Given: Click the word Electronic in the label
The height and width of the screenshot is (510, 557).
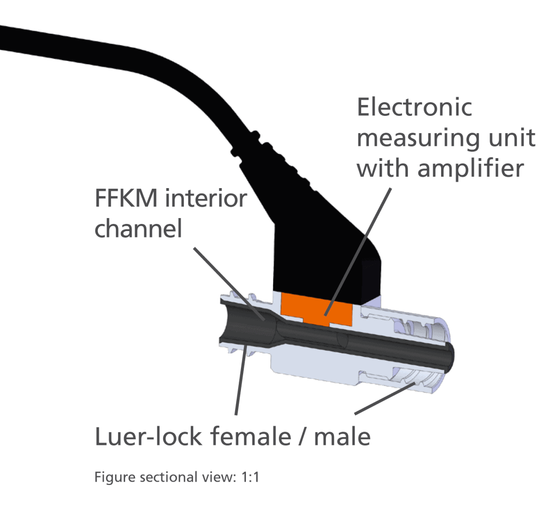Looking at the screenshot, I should click(414, 107).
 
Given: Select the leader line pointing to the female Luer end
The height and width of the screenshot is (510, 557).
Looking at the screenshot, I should click(240, 381).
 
